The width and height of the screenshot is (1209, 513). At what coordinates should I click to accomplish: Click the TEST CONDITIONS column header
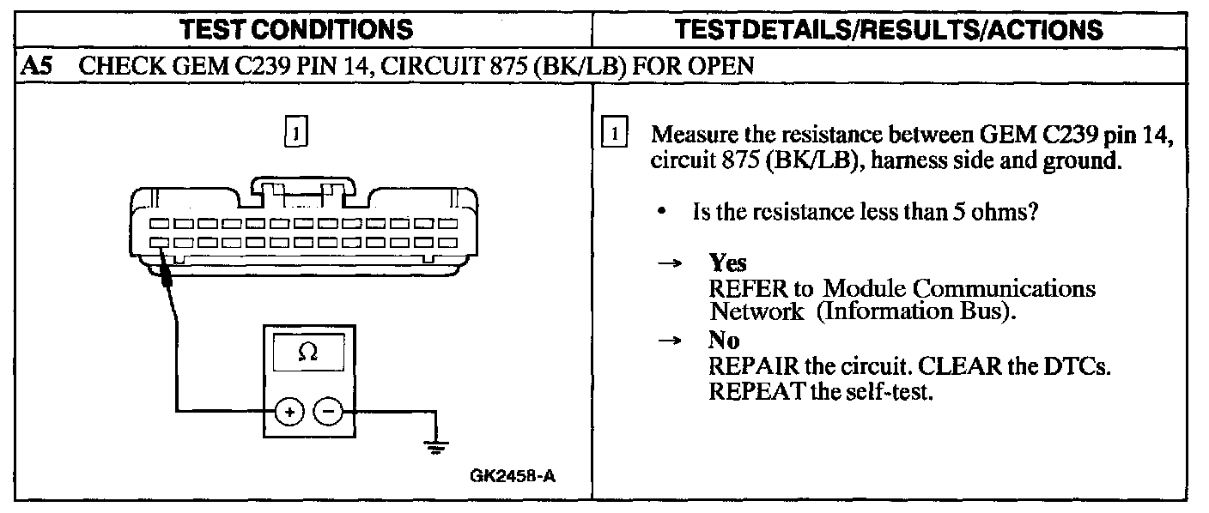click(297, 30)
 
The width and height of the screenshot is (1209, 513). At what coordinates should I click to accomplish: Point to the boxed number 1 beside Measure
click(615, 135)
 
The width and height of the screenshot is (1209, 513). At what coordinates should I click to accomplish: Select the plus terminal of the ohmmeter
click(289, 413)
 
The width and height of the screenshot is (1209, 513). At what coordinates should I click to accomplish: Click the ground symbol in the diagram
click(438, 446)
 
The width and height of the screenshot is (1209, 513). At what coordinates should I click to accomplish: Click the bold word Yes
click(727, 264)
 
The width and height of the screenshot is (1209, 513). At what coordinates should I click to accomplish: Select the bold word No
click(724, 341)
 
